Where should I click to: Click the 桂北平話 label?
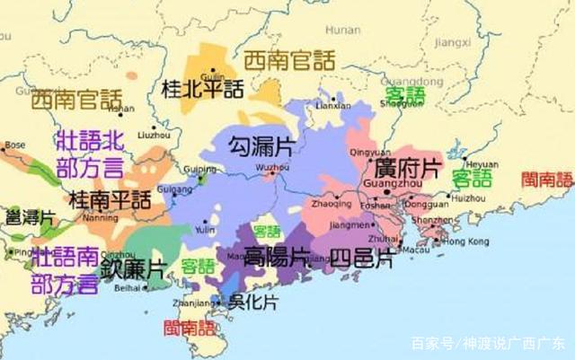coord(201,89)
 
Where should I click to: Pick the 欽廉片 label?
coord(132,268)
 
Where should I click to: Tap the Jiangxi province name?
coord(453,40)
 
